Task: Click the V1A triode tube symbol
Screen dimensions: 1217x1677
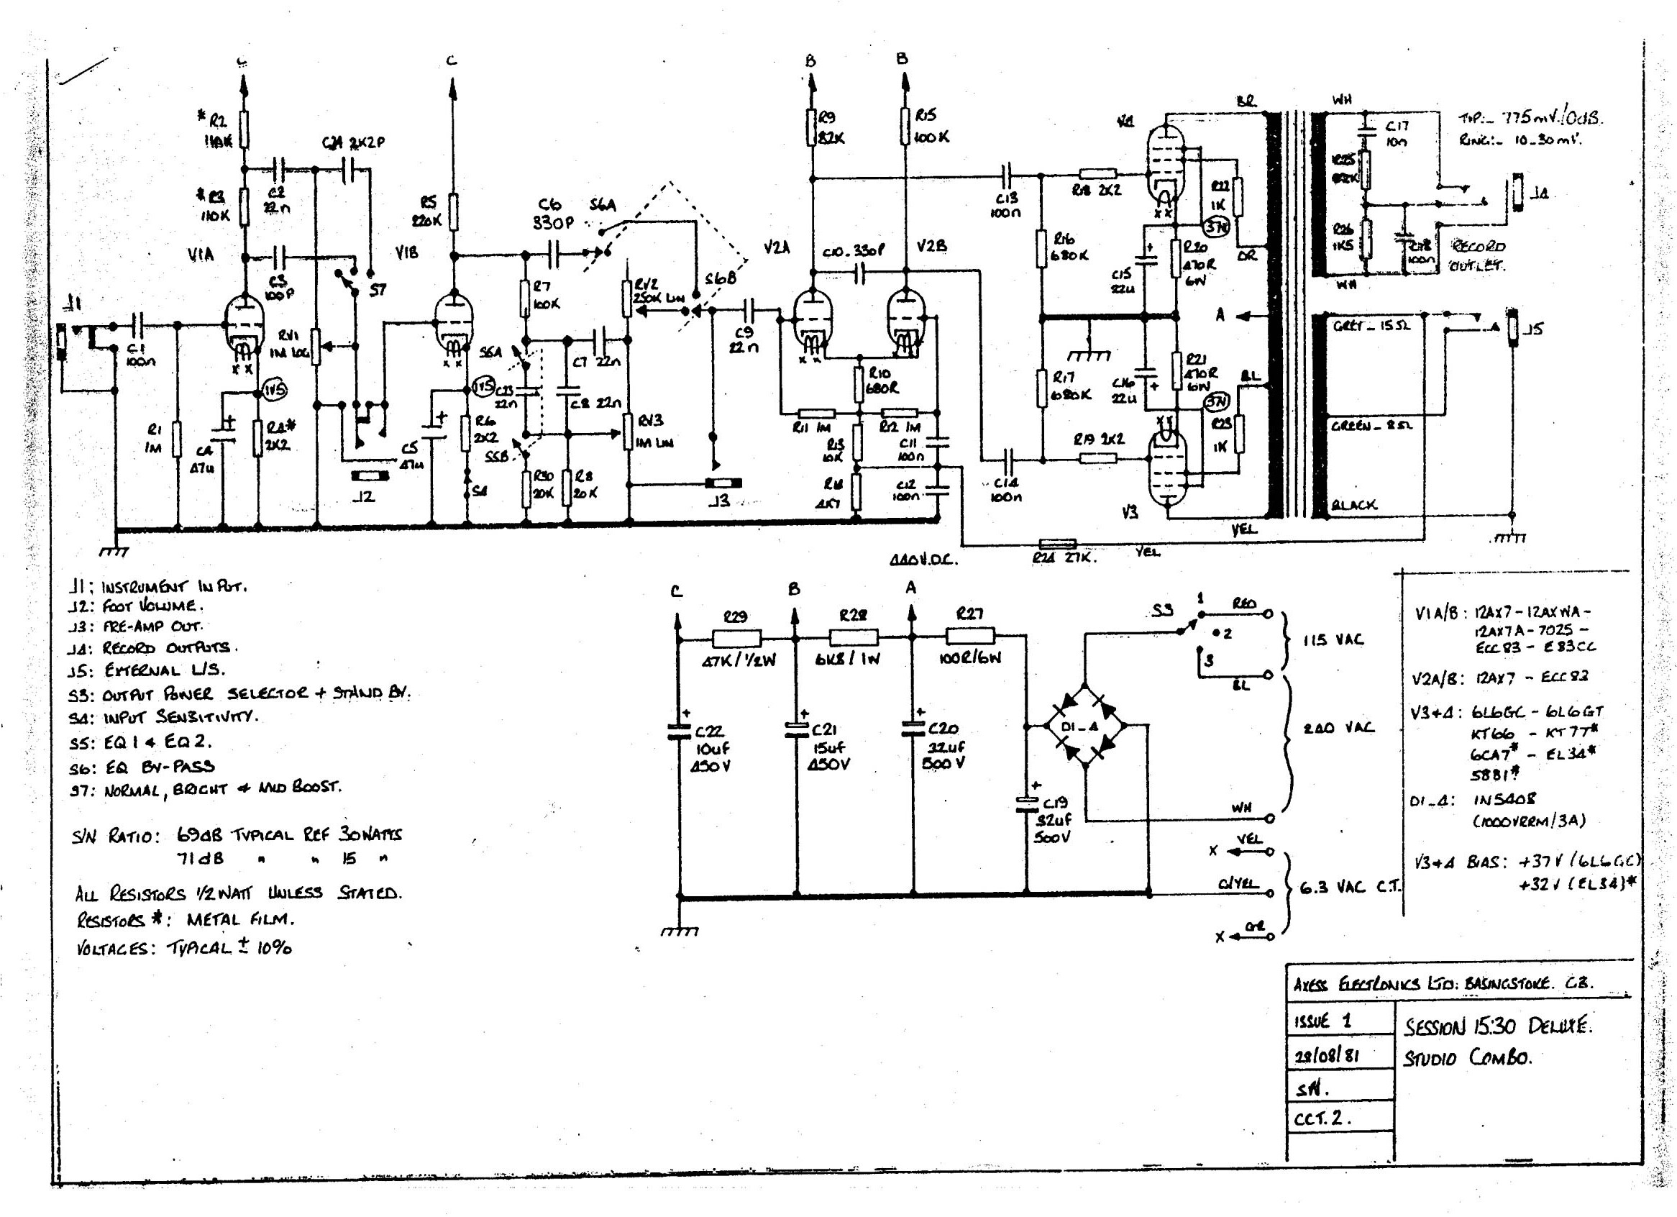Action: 243,326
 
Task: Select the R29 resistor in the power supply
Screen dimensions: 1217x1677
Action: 736,637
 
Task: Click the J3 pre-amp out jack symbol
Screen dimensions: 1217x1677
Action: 723,483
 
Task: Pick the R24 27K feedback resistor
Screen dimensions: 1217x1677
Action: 1057,545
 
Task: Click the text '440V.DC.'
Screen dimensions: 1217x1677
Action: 923,560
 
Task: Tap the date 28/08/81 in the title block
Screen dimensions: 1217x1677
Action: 1327,1055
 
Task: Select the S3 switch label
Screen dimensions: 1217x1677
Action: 1161,610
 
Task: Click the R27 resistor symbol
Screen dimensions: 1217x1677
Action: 970,636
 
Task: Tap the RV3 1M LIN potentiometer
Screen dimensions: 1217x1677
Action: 628,432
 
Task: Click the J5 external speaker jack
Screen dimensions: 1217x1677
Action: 1513,327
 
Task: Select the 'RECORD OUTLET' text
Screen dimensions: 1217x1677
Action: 1478,255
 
